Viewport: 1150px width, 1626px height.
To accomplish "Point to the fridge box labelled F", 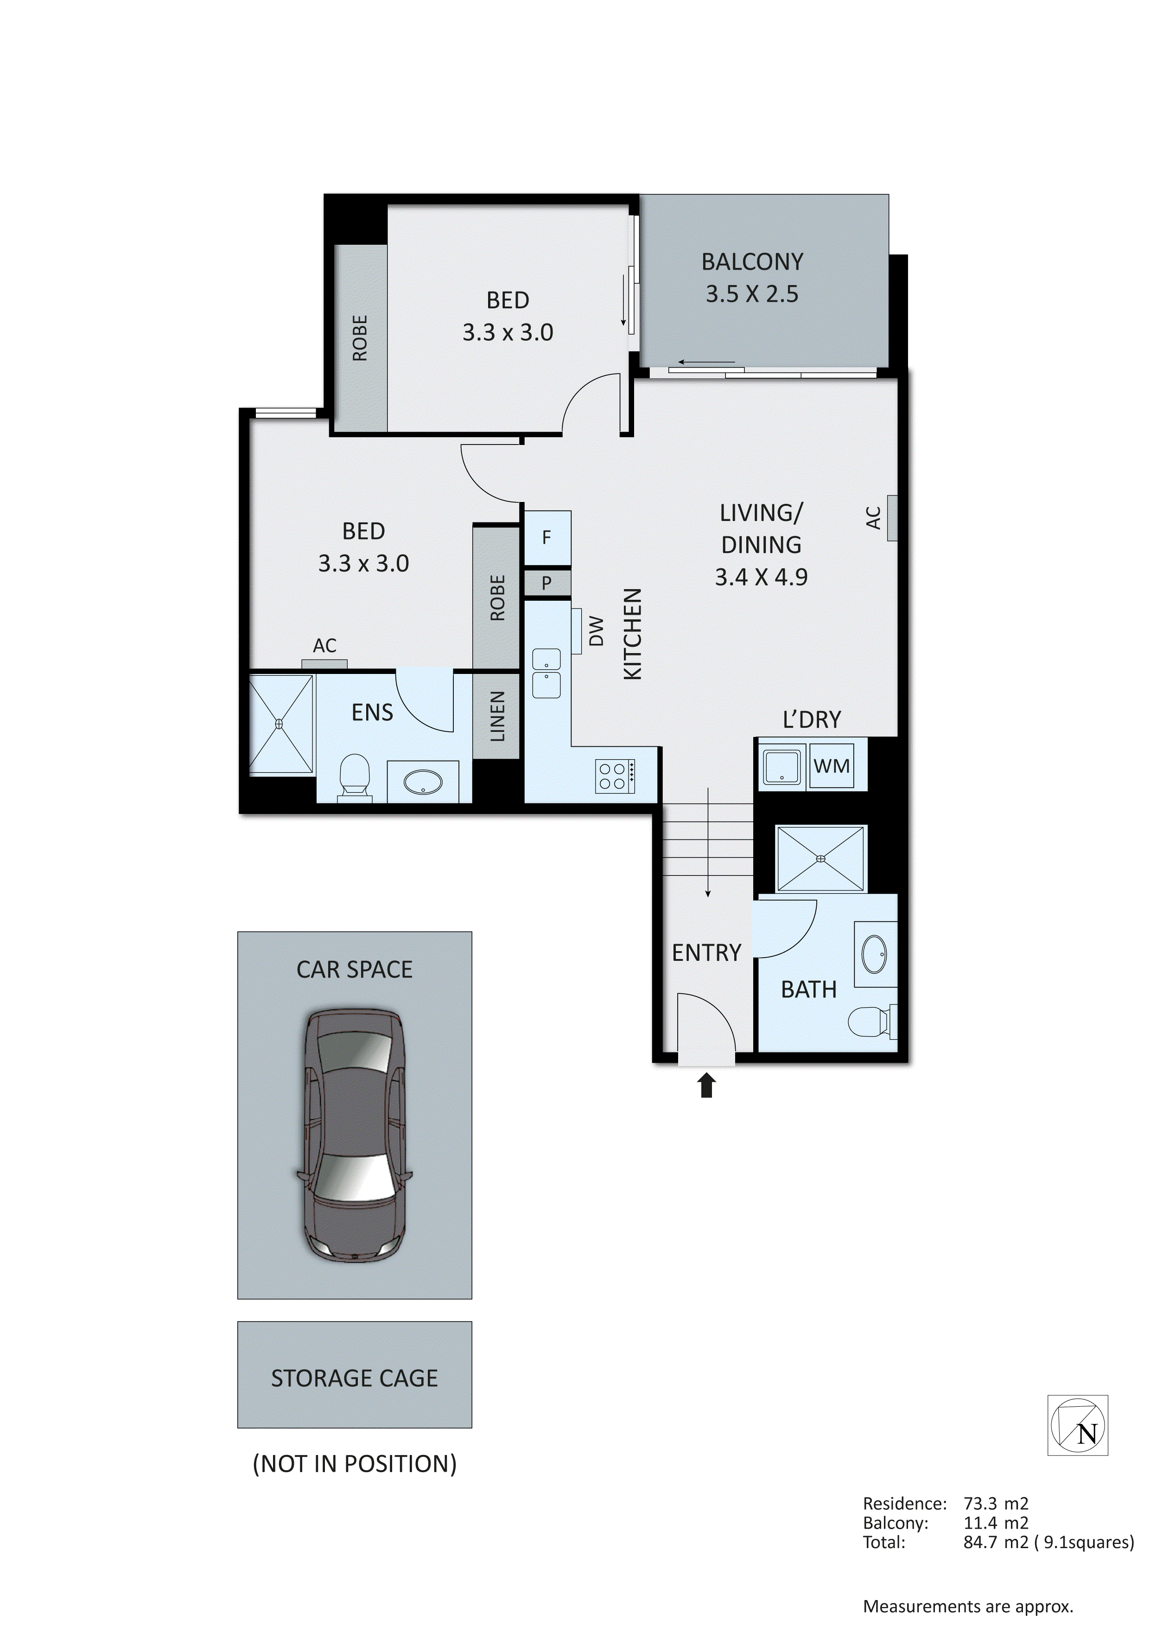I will (546, 538).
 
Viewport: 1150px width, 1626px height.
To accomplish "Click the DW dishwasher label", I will (596, 630).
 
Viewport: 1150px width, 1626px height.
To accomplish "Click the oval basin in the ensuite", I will (423, 782).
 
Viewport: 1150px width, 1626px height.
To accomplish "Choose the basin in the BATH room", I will (875, 954).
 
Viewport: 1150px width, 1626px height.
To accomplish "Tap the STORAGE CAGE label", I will (354, 1378).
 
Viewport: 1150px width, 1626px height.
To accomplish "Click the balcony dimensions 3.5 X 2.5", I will (751, 294).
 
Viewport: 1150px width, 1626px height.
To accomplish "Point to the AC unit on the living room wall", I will (891, 518).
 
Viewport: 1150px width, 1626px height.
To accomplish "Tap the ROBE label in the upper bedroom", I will (360, 338).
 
